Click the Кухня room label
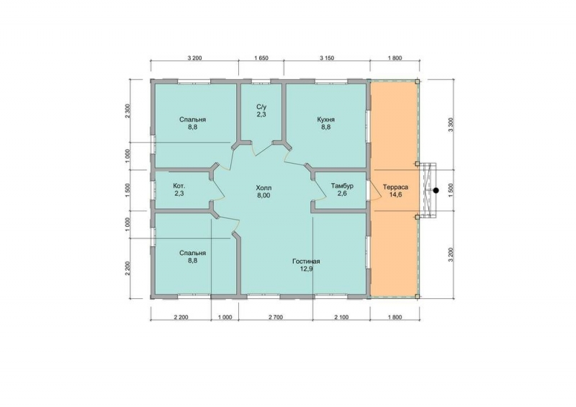[x=326, y=120]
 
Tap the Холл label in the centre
[x=264, y=188]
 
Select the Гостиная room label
[x=306, y=261]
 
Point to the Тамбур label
[x=342, y=186]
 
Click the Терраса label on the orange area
[x=395, y=187]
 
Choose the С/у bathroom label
[x=261, y=107]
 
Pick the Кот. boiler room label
[x=179, y=186]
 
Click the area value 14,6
[x=395, y=195]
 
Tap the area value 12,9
[x=306, y=269]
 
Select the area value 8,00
[x=264, y=196]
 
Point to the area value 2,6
[x=342, y=194]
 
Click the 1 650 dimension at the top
[x=261, y=58]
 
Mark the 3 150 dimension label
[x=327, y=58]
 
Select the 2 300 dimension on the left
[x=128, y=111]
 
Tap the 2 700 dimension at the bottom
[x=276, y=317]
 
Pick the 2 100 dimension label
[x=341, y=317]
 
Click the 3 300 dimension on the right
[x=451, y=125]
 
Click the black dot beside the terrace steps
[x=436, y=190]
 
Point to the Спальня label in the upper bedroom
[x=192, y=120]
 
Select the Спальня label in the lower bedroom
[x=192, y=254]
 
